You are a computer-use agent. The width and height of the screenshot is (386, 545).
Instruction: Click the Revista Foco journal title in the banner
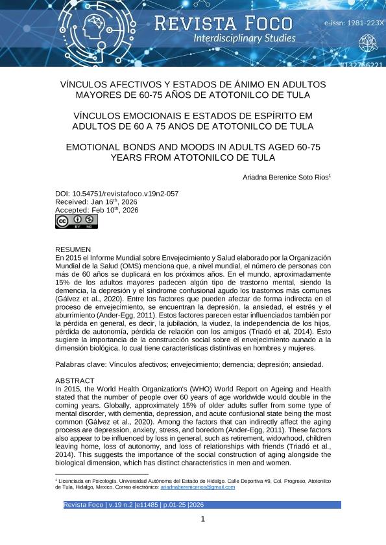coord(223,23)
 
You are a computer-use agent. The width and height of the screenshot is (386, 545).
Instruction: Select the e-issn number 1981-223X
coord(354,23)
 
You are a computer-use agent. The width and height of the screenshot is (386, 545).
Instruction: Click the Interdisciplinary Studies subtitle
coord(244,39)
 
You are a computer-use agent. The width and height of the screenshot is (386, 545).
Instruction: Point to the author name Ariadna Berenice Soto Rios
coord(286,177)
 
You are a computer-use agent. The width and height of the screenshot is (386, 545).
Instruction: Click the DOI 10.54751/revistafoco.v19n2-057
coord(117,193)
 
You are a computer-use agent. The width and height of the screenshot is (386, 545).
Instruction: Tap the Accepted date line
coord(97,210)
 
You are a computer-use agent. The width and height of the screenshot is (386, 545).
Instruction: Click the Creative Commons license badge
coord(76,221)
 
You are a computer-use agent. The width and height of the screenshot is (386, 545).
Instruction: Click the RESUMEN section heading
coord(73,249)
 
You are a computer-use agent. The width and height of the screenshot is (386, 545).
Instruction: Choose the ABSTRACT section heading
coord(75,380)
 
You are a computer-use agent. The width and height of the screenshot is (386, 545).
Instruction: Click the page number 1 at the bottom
coord(202,519)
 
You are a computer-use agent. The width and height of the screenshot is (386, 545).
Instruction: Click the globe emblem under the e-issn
coord(368,43)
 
